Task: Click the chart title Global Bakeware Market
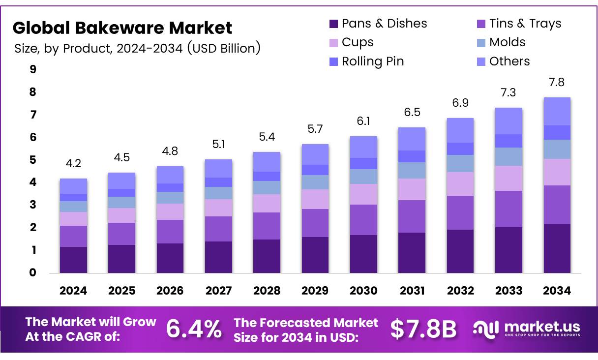122,28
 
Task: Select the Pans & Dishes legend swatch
334,24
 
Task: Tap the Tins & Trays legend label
525,24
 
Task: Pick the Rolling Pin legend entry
373,61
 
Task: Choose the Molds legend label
507,42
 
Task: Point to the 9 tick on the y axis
33,70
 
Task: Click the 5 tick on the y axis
33,160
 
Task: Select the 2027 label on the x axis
218,291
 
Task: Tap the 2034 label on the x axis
557,291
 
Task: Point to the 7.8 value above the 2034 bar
557,83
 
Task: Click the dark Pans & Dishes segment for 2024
73,260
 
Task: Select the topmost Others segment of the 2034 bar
557,111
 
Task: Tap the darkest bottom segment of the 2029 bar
315,255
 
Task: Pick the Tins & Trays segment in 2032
460,212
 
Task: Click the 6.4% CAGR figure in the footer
194,329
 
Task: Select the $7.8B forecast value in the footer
423,329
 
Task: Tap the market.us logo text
542,327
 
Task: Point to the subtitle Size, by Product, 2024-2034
137,48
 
